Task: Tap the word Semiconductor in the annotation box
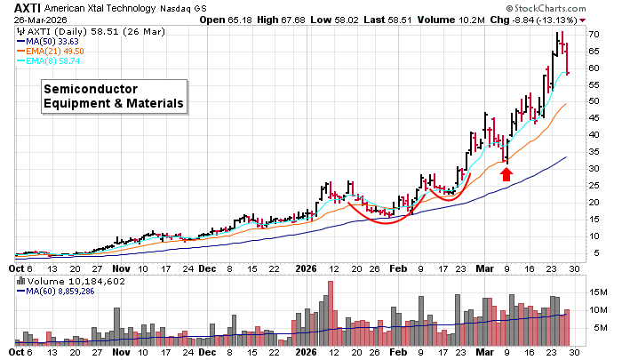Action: pos(91,89)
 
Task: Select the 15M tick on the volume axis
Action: pos(600,292)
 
